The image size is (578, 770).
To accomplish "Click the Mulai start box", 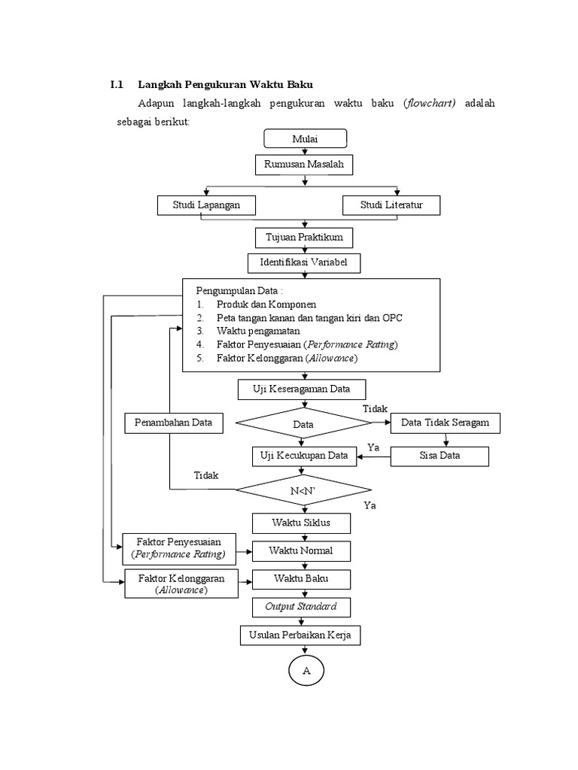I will click(x=305, y=138).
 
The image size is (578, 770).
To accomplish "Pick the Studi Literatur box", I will click(x=391, y=205).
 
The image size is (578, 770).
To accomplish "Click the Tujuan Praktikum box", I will click(x=304, y=238).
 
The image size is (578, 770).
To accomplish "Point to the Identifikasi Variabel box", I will click(x=304, y=262).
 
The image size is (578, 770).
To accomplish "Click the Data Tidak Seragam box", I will click(x=445, y=423).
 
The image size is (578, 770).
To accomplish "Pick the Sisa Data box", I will click(x=440, y=456).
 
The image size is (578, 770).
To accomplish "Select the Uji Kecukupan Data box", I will click(x=303, y=456).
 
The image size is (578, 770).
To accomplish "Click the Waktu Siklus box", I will click(x=301, y=522).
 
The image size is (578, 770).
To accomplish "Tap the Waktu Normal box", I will click(x=301, y=550).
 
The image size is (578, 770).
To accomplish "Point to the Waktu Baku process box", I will click(x=301, y=579).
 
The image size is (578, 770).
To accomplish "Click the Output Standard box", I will click(x=300, y=607).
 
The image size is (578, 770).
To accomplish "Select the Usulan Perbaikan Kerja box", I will click(x=300, y=635).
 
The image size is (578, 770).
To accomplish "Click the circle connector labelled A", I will click(x=306, y=671).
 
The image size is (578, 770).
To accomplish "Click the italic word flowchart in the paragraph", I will click(x=430, y=103).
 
